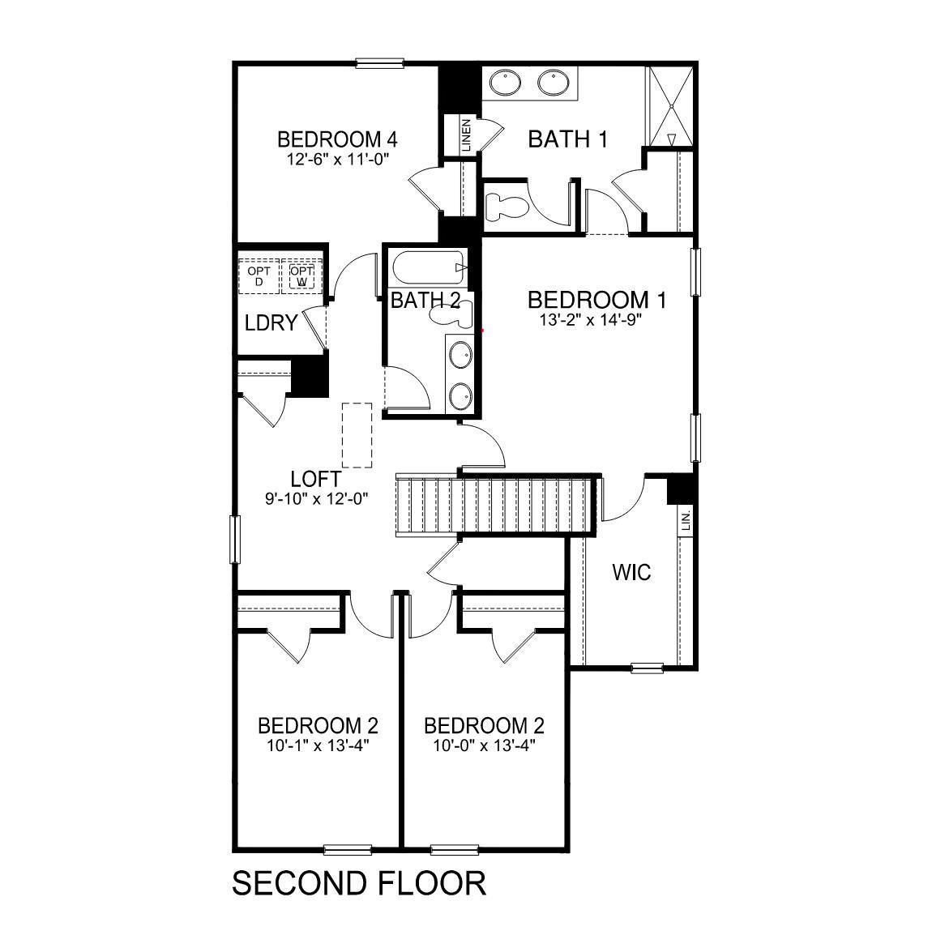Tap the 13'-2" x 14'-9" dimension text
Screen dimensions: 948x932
[x=596, y=320]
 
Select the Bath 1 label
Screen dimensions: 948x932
[x=567, y=139]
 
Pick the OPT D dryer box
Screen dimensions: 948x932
[x=259, y=276]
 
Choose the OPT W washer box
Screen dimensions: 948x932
[x=301, y=276]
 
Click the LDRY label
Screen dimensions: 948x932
[x=271, y=323]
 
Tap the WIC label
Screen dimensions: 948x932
[x=631, y=572]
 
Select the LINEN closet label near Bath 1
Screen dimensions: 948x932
[x=466, y=135]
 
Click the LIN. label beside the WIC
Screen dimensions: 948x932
[x=685, y=519]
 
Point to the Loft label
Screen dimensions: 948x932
[x=315, y=479]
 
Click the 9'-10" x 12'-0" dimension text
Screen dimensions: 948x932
[x=317, y=499]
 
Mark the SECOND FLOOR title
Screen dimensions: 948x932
[x=359, y=883]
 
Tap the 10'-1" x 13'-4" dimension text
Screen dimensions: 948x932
[x=317, y=745]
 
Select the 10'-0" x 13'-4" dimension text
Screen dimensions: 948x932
[x=483, y=745]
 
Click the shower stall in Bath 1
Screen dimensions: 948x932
[x=669, y=105]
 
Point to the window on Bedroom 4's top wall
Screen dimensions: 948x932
[x=379, y=62]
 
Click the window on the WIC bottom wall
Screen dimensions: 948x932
[x=647, y=668]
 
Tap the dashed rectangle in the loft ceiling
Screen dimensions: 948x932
[x=357, y=435]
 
